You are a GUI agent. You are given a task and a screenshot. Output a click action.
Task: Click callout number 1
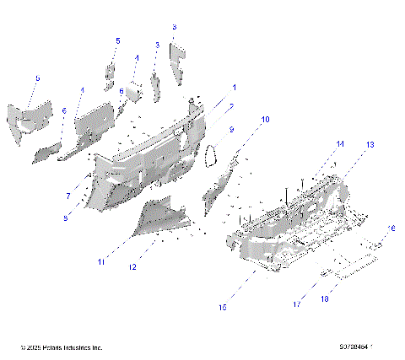(x=234, y=88)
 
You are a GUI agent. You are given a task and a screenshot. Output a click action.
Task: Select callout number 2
(x=229, y=106)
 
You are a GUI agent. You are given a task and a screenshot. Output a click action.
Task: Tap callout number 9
(x=229, y=129)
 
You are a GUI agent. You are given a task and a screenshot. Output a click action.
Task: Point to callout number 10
(x=265, y=120)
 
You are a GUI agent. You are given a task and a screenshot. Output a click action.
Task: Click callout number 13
(x=369, y=145)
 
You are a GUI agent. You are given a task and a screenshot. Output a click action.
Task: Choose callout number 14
(x=341, y=144)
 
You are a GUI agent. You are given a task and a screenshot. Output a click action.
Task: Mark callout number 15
(x=222, y=309)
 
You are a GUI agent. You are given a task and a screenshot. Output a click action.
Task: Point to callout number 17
(x=297, y=304)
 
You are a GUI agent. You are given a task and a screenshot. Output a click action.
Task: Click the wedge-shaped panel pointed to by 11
(x=160, y=217)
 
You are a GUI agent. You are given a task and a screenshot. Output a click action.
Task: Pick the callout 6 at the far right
(x=391, y=229)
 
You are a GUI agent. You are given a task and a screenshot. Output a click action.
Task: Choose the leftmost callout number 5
(x=37, y=78)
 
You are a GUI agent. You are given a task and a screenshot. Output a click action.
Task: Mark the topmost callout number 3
(x=174, y=27)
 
